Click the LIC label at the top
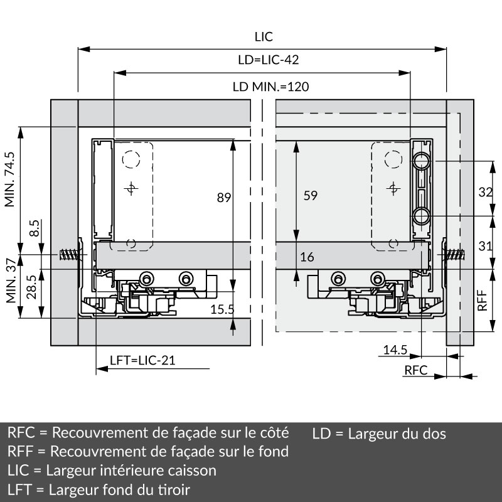[264, 37]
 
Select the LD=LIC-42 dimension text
[268, 60]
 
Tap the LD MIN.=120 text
[270, 87]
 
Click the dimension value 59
[310, 195]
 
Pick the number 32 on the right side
[485, 193]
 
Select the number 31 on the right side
[485, 246]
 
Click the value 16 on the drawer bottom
[307, 257]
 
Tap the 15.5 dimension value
[222, 309]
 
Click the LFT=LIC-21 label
[142, 360]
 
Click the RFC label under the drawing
[415, 370]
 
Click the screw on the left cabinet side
[70, 256]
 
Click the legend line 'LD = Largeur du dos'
[379, 434]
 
